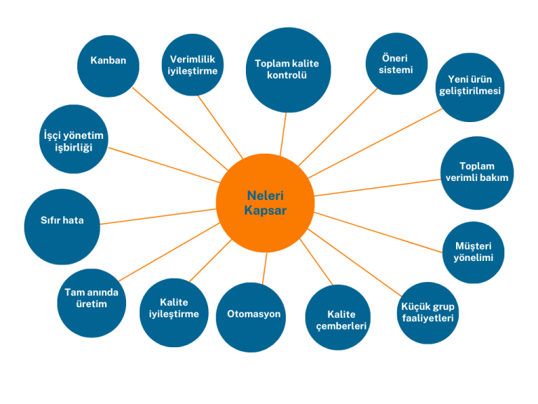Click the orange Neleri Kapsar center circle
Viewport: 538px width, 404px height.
[x=265, y=203]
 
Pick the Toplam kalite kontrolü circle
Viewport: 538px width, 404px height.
[x=287, y=69]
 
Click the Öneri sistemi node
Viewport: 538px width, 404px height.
[x=397, y=64]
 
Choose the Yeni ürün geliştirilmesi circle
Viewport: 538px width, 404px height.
[x=470, y=86]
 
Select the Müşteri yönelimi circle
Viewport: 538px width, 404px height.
[x=474, y=252]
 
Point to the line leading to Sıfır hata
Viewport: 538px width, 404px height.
[x=158, y=217]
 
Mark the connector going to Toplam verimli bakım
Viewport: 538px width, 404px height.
[x=378, y=187]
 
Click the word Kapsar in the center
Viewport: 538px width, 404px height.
[x=265, y=210]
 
